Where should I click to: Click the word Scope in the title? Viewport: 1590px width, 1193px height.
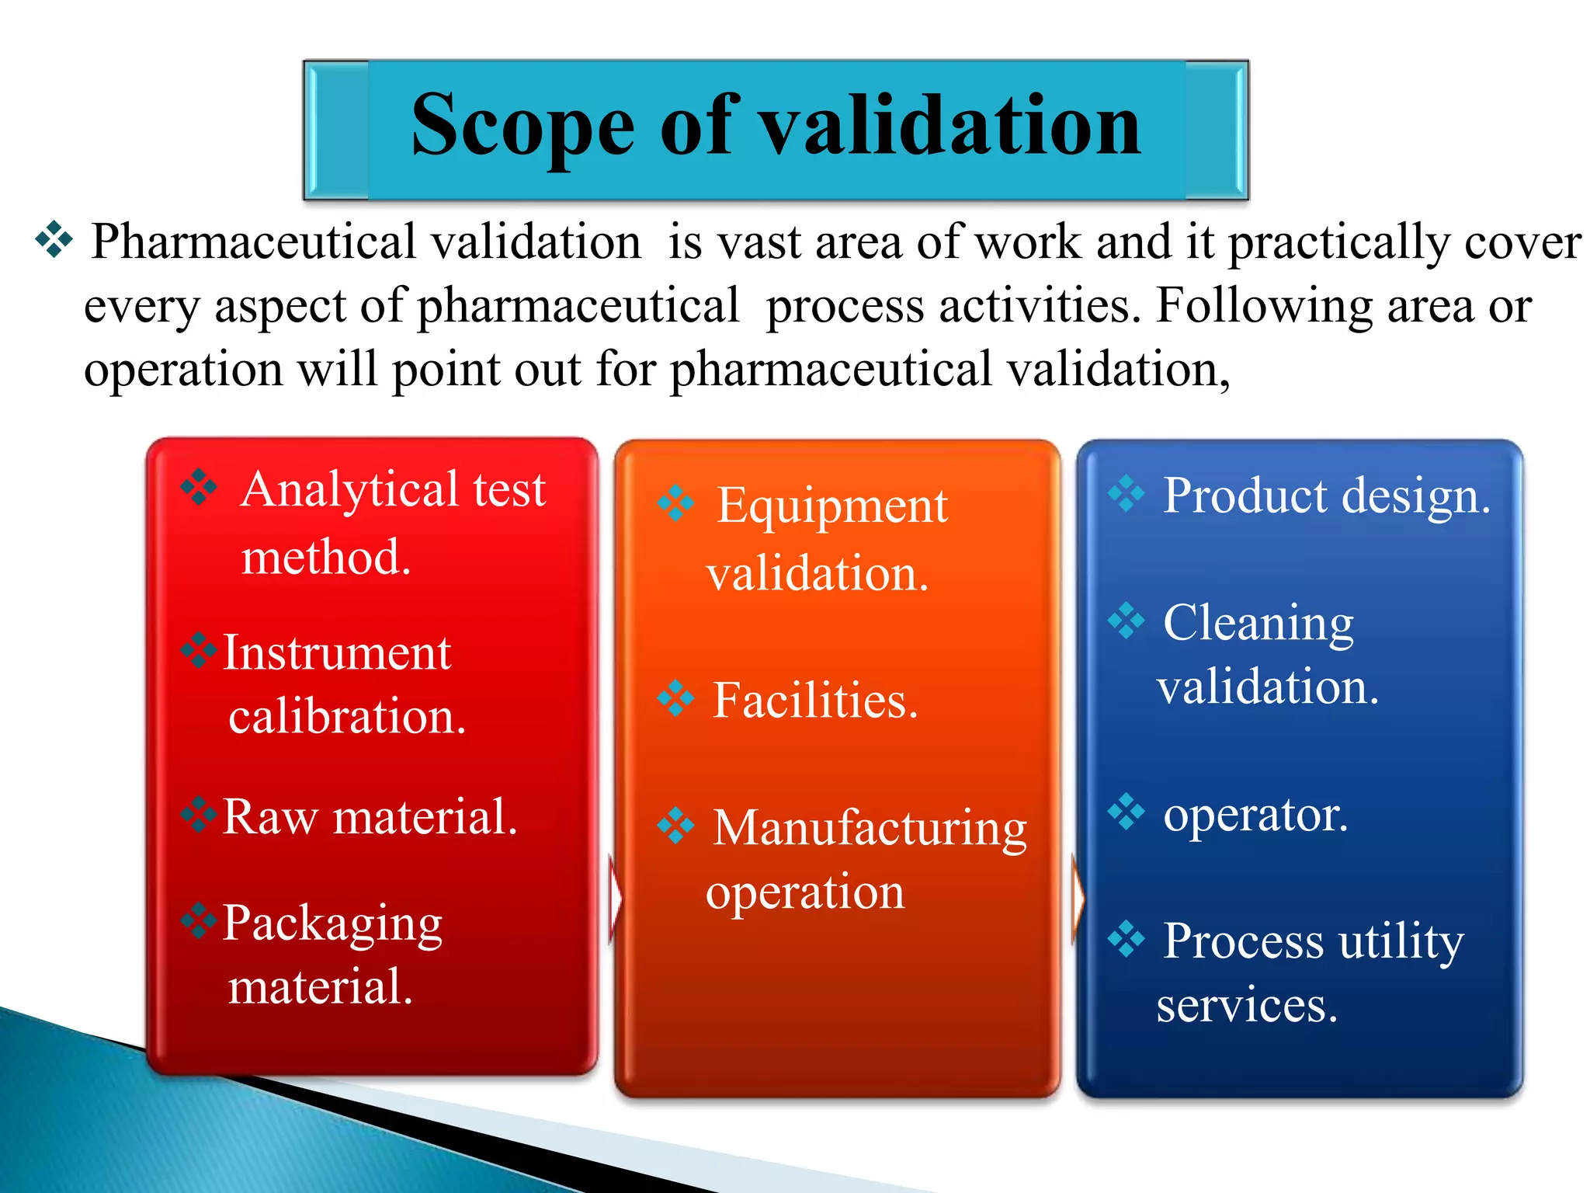click(522, 127)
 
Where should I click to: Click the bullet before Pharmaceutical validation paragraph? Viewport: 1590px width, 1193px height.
click(54, 240)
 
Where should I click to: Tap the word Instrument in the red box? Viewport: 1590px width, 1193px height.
click(336, 653)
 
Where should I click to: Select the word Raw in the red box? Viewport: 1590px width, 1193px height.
click(269, 817)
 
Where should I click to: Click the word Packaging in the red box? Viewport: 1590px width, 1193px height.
click(332, 924)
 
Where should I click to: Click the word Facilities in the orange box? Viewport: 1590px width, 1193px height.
click(814, 701)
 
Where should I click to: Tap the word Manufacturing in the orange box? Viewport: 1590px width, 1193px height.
click(870, 828)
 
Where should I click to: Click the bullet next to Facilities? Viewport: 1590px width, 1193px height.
click(675, 698)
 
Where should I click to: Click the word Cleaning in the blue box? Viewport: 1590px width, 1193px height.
click(1258, 623)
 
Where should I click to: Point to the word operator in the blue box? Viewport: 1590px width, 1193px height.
click(1255, 815)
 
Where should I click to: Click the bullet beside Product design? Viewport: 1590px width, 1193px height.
click(1126, 493)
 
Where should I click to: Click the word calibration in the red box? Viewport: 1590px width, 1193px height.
click(346, 717)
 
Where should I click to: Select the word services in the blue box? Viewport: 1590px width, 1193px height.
click(1246, 1005)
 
